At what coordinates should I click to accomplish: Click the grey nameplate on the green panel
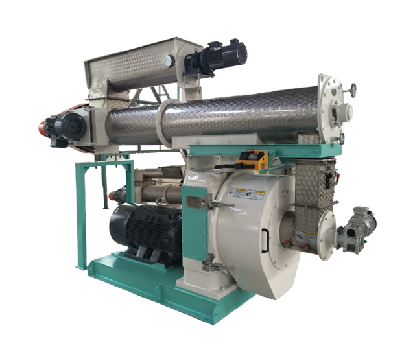pyautogui.click(x=194, y=202)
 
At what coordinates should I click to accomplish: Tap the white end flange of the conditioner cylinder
pyautogui.click(x=333, y=110)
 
